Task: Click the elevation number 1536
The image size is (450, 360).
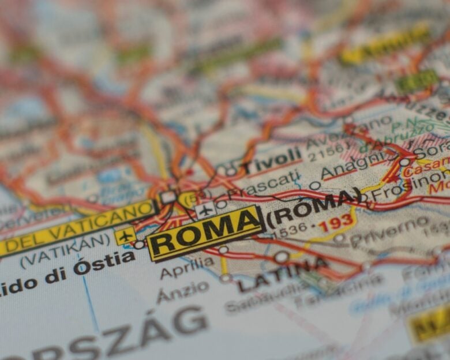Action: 291,232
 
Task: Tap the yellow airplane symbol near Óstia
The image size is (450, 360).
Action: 125,235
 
